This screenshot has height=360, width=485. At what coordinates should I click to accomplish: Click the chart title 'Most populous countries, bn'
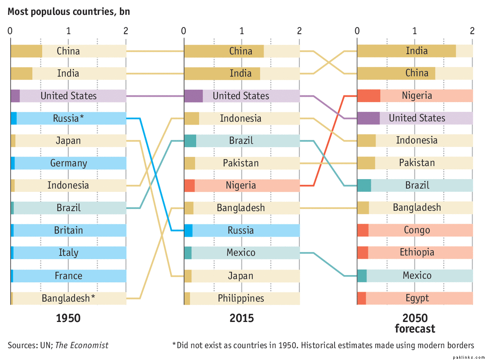(69, 11)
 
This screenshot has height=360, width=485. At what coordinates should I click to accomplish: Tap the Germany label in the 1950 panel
(68, 163)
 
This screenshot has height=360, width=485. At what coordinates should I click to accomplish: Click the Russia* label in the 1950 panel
(68, 118)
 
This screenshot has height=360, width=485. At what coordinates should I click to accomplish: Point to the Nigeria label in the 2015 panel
(241, 185)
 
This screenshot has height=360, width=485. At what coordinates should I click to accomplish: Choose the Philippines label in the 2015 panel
(241, 298)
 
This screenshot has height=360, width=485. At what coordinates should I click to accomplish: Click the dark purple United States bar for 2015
(193, 96)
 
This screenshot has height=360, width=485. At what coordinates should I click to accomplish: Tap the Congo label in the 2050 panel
(417, 230)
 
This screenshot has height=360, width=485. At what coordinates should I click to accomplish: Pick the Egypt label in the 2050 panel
(417, 298)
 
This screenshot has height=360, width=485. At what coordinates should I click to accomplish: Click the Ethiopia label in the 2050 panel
(417, 253)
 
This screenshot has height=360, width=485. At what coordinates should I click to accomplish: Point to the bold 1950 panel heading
(68, 318)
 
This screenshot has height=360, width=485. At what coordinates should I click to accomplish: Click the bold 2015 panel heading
(241, 318)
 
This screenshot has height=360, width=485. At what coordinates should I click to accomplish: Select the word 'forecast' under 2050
(415, 329)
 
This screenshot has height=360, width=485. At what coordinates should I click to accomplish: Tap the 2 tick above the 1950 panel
(125, 31)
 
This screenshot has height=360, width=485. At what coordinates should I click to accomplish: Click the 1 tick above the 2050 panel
(415, 31)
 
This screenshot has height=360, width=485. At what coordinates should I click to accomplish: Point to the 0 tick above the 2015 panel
(184, 31)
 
